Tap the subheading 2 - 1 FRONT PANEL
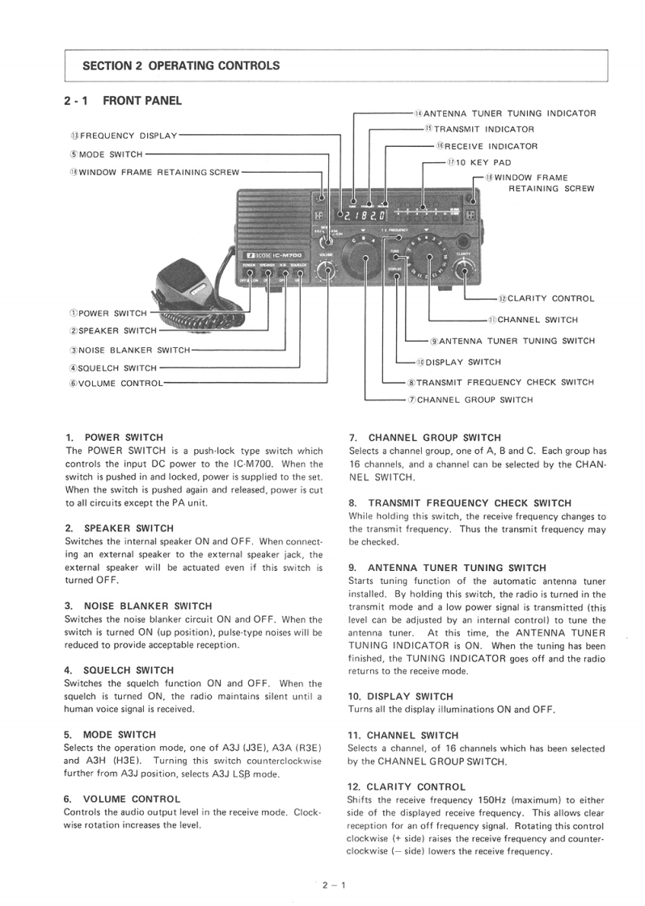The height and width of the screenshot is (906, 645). [123, 101]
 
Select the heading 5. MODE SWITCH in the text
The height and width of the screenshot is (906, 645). [109, 735]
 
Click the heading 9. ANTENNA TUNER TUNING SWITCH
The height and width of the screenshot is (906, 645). [447, 568]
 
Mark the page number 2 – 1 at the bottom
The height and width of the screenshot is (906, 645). [333, 886]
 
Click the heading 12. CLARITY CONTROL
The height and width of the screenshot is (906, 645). [407, 786]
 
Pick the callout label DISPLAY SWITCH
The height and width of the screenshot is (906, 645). [458, 362]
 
